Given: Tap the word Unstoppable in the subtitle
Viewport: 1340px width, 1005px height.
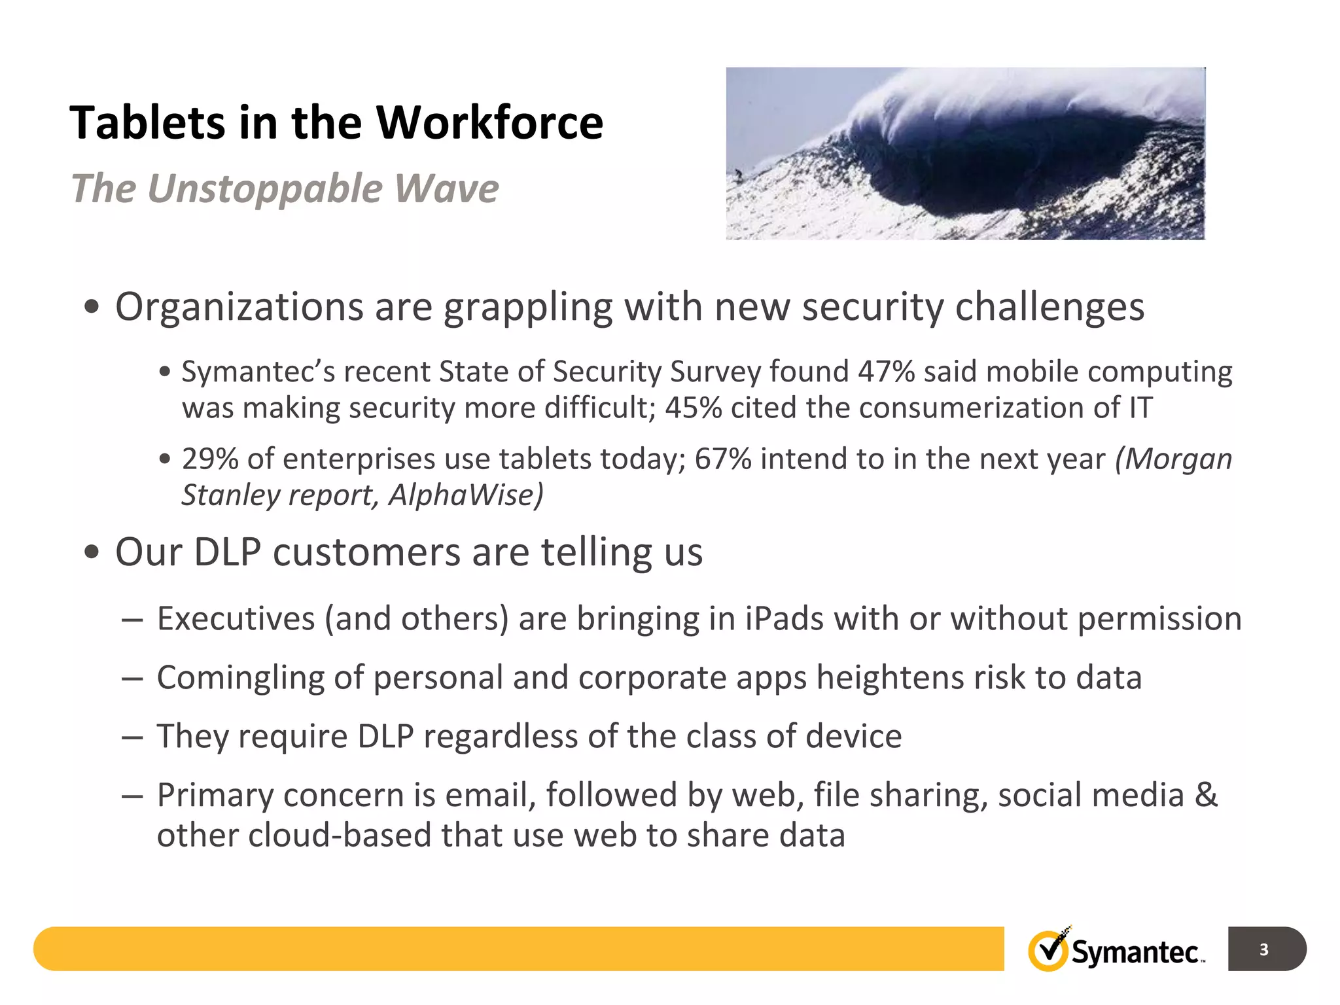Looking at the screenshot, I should tap(265, 189).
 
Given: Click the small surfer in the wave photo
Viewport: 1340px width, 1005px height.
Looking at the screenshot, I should tap(739, 175).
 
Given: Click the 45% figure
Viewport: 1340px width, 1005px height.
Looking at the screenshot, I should tap(694, 408).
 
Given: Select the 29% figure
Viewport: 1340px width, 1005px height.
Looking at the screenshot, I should tap(210, 459).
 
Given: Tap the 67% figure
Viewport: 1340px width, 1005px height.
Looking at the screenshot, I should tap(722, 459).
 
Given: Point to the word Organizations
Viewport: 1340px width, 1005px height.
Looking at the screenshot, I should tap(239, 307).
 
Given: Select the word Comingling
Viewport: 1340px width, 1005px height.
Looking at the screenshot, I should tap(240, 679).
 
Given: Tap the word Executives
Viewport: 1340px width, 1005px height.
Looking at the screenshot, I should tap(236, 619).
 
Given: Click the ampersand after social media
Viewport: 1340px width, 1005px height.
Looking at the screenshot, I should tap(1206, 796).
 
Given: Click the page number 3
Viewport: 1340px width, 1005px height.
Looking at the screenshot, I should tap(1263, 949).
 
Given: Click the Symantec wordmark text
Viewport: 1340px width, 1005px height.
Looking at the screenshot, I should tap(1135, 953).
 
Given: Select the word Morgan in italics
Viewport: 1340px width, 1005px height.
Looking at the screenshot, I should tap(1174, 459).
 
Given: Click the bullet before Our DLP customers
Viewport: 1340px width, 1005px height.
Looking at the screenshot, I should tap(92, 552).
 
